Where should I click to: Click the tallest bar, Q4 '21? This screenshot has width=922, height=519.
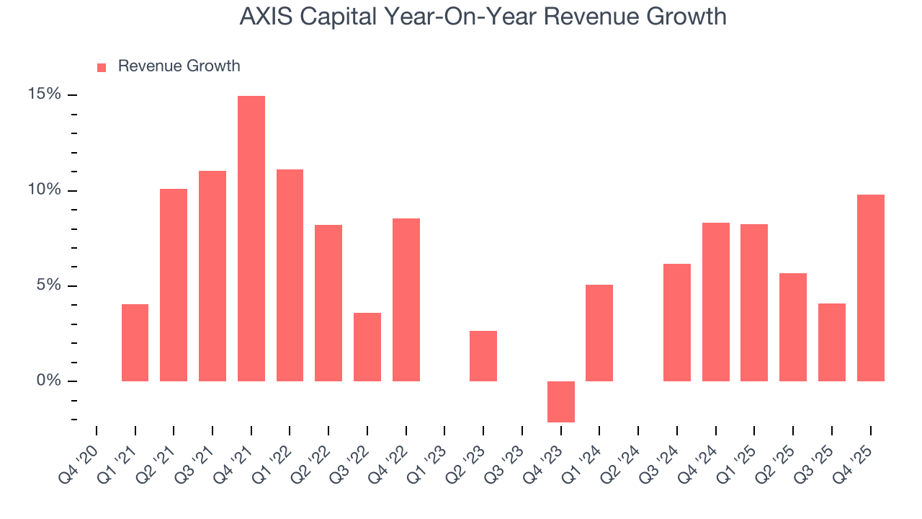click(251, 238)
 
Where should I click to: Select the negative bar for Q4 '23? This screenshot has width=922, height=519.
click(561, 402)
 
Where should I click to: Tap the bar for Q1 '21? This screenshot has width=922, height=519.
click(135, 342)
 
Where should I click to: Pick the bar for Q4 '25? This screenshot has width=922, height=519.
click(871, 288)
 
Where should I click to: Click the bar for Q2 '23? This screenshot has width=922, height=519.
click(483, 356)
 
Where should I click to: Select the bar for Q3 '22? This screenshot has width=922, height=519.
click(367, 347)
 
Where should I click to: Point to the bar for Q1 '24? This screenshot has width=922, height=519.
click(599, 333)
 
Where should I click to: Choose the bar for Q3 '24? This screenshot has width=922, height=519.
click(677, 322)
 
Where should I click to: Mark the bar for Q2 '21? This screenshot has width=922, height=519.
click(174, 285)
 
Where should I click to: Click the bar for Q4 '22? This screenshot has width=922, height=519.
click(406, 300)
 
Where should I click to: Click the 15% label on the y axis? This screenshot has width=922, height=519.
click(44, 94)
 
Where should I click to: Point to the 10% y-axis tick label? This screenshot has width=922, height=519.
click(44, 190)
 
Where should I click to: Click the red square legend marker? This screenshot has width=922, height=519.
click(102, 67)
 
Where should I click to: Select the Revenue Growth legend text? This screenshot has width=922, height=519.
click(179, 66)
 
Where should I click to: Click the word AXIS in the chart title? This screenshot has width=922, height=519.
click(265, 17)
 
